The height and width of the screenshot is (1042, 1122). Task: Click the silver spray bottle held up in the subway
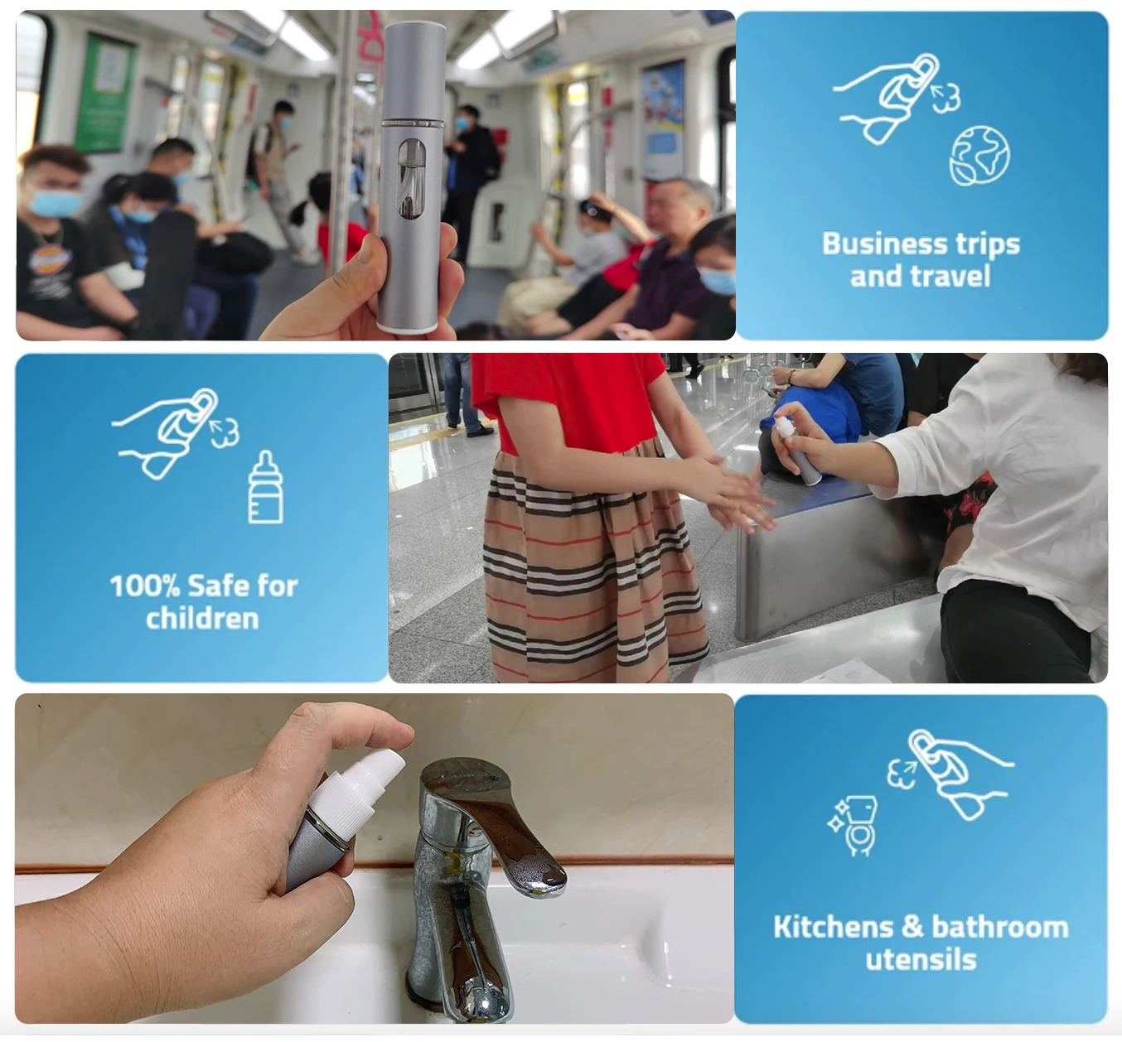412,178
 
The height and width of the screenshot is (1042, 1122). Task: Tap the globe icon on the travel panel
979,154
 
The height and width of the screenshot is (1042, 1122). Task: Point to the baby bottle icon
265,488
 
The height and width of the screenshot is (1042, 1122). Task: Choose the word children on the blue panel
202,619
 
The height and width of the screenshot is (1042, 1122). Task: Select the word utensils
921,960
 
